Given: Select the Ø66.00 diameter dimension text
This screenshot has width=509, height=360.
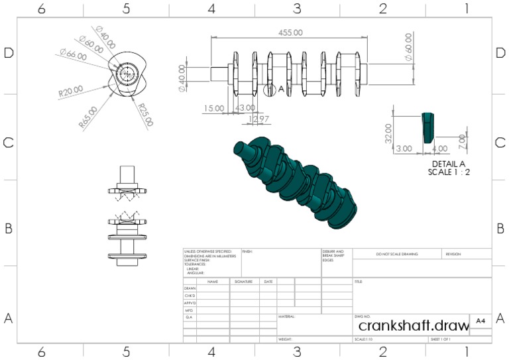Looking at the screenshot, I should (x=72, y=56).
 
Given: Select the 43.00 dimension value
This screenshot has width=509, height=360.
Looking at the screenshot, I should (x=245, y=107).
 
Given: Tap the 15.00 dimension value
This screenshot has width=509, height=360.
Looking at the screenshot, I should (x=214, y=107).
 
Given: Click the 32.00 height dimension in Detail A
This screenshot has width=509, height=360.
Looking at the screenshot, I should (x=389, y=132).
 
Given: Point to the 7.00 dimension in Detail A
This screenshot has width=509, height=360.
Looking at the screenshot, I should (x=463, y=141).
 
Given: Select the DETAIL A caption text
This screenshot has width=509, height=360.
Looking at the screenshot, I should (x=449, y=164).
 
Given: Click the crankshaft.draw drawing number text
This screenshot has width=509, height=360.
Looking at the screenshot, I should (x=411, y=326).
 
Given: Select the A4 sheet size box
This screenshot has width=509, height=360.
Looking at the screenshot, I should (x=481, y=322).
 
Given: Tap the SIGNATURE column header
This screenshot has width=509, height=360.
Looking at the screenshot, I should (x=243, y=282).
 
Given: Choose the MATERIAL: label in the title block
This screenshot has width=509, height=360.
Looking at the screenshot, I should (x=286, y=317).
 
